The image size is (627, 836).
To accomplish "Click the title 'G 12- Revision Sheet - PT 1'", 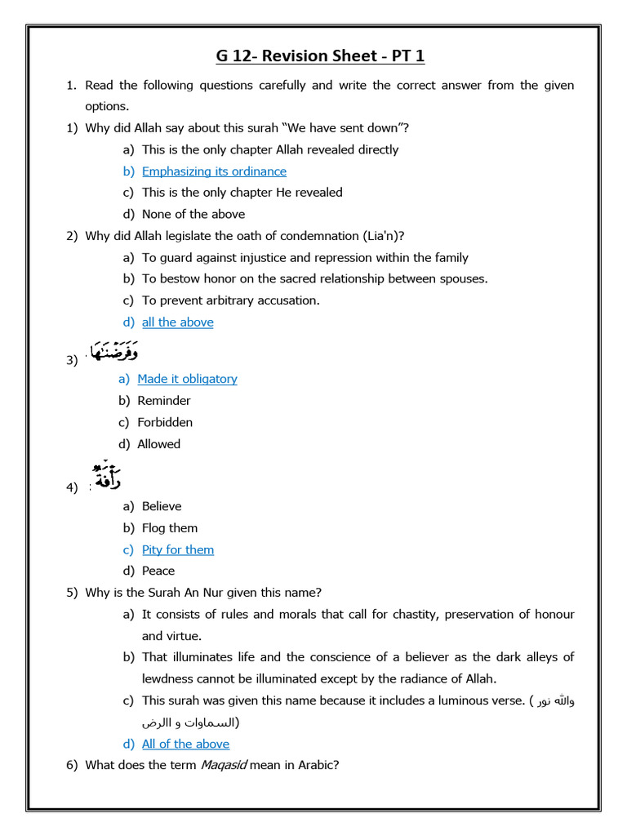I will [320, 56].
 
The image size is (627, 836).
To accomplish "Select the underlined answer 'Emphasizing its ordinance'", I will [214, 171].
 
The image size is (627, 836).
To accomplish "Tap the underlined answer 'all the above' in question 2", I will [177, 322].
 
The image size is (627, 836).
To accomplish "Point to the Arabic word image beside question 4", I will [108, 476].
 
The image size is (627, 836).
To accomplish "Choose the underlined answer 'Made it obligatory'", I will [187, 379].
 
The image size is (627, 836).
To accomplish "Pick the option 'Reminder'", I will [164, 401].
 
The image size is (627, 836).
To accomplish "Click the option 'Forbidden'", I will [165, 422].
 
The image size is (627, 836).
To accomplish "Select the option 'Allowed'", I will [158, 444].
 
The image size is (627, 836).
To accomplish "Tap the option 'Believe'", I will [162, 506].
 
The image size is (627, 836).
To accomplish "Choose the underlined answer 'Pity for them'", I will [177, 550].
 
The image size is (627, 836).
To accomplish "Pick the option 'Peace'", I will [158, 571].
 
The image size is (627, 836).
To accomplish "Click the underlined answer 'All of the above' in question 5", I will [185, 745].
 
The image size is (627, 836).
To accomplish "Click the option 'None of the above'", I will [193, 215].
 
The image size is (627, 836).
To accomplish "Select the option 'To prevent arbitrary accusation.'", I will [231, 300].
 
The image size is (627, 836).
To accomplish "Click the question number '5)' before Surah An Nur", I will [72, 593].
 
